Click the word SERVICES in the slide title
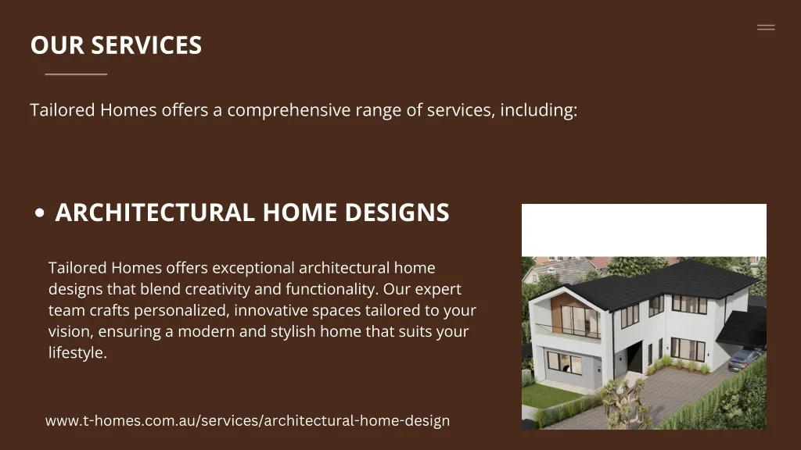(146, 45)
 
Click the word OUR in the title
(57, 45)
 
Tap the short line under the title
(76, 74)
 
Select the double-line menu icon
(766, 27)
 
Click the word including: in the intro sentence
(539, 110)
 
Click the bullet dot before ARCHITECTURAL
(40, 213)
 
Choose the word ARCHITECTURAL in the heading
(155, 212)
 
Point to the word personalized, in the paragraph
(181, 310)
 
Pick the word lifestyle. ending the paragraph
(77, 352)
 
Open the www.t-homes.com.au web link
(247, 420)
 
